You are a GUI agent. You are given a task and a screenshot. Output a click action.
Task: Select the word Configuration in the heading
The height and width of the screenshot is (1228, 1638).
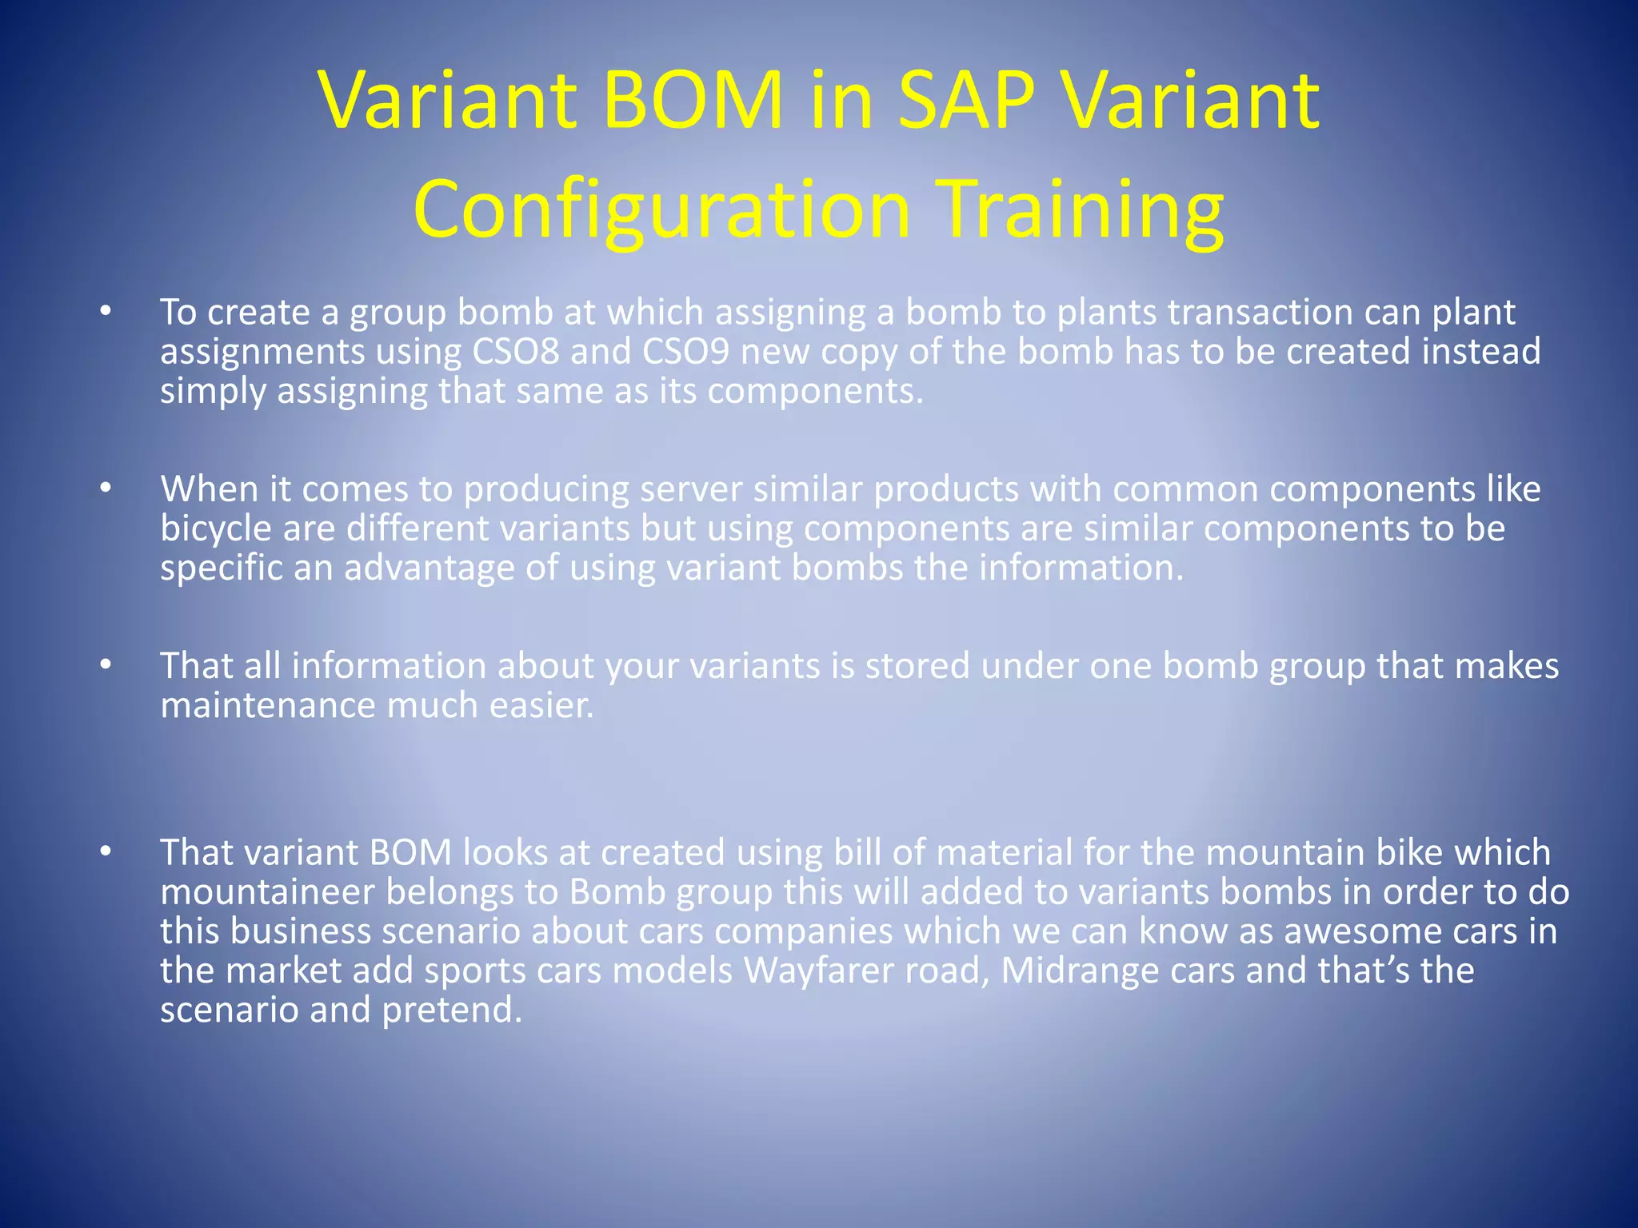pos(662,209)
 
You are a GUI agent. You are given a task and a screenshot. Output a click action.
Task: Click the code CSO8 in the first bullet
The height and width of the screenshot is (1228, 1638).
pos(516,352)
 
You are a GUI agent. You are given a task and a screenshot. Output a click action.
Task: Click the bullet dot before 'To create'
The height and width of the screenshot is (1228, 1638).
pos(106,312)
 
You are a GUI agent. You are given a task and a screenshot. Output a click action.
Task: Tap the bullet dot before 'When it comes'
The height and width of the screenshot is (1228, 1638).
pos(106,488)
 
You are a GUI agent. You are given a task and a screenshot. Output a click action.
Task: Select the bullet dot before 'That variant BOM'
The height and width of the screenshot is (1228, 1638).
pos(106,852)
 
